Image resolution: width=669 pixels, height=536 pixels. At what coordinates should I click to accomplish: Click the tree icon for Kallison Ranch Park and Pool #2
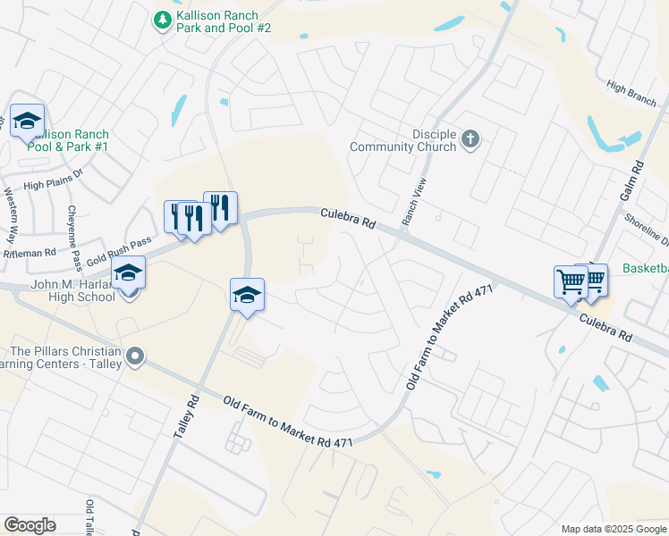pyautogui.click(x=162, y=20)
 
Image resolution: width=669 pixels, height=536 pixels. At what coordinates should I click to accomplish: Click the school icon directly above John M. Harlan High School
pyautogui.click(x=128, y=272)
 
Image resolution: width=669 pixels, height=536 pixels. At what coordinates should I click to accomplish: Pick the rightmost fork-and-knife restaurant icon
pyautogui.click(x=220, y=208)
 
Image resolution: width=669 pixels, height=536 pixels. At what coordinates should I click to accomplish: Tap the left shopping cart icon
pyautogui.click(x=571, y=282)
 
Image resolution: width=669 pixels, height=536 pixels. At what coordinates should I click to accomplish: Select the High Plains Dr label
pyautogui.click(x=53, y=185)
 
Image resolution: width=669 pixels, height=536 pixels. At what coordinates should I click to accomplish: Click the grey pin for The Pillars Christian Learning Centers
pyautogui.click(x=135, y=357)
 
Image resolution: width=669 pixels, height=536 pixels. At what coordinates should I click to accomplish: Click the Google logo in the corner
pyautogui.click(x=30, y=525)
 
